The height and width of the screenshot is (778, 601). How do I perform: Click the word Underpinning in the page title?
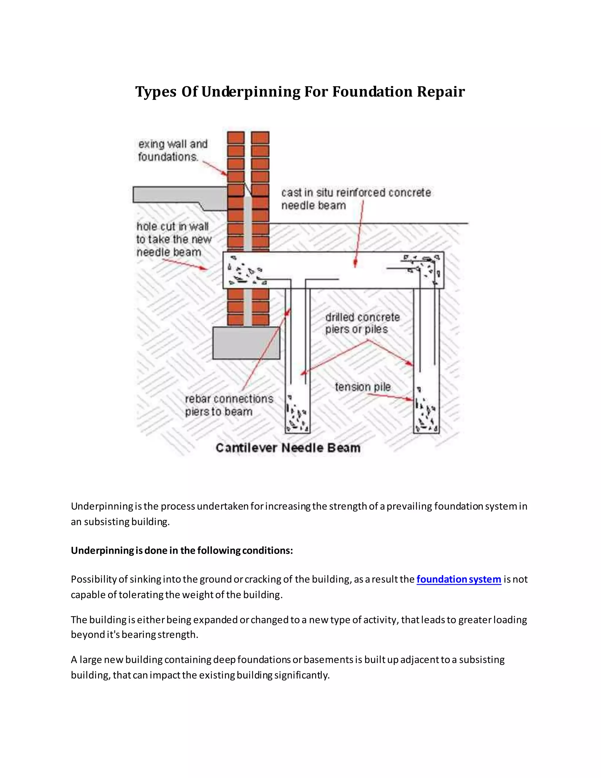(x=251, y=92)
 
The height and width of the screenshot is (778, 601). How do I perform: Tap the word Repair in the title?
(x=441, y=92)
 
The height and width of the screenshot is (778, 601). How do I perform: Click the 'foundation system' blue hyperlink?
(x=459, y=580)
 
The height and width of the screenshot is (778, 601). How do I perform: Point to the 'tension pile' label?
(x=362, y=387)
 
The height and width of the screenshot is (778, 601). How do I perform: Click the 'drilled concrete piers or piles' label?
(x=362, y=323)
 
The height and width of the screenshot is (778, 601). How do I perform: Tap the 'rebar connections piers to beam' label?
(x=229, y=405)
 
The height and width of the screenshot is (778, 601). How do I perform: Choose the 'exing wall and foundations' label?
(x=173, y=150)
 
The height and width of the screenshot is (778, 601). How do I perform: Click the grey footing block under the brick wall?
(x=246, y=343)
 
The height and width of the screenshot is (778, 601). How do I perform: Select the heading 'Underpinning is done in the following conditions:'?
(x=182, y=550)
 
